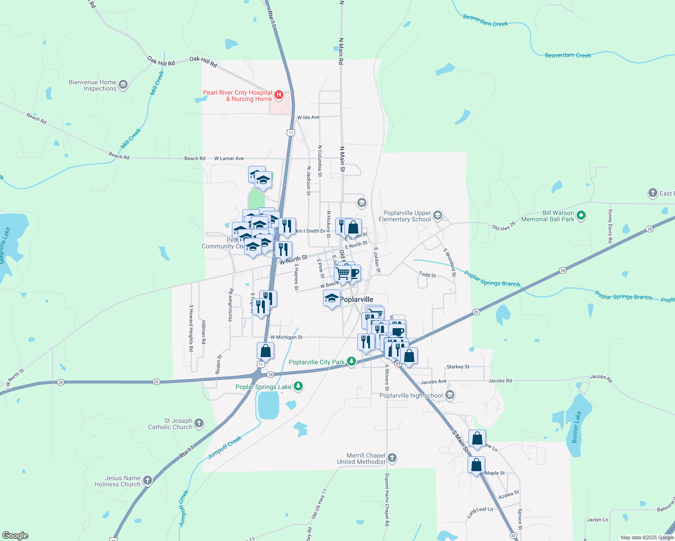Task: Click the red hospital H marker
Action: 279,95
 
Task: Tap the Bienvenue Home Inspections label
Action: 92,85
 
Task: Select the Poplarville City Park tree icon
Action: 351,362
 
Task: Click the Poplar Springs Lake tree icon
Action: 298,386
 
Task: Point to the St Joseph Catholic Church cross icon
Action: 199,423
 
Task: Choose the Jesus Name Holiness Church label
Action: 117,481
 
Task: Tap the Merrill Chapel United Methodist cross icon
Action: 392,458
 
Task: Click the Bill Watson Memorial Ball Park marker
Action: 581,215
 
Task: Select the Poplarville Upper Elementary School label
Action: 407,216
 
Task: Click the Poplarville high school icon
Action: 449,395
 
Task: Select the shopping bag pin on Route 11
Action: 266,351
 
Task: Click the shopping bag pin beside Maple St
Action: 476,465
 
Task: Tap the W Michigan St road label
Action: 286,337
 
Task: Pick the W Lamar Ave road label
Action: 229,158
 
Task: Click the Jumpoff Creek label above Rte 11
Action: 225,447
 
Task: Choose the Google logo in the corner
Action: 15,536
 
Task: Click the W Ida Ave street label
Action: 308,117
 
